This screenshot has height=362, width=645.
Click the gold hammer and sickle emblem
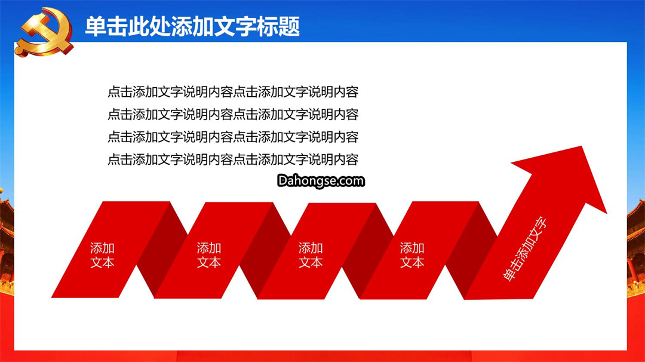(44, 32)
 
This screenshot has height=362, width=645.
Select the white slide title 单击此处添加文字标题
(192, 27)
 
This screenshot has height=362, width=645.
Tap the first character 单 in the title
(96, 27)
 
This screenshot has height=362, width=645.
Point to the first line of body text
(233, 92)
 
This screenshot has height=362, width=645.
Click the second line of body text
(233, 114)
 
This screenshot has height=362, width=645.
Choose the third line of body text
(233, 137)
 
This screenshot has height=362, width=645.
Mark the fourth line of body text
(233, 159)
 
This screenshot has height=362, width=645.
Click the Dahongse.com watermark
(321, 181)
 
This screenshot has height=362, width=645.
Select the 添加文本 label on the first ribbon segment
(103, 255)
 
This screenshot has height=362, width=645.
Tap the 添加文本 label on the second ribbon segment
(209, 255)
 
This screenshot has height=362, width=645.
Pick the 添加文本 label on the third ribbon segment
(311, 255)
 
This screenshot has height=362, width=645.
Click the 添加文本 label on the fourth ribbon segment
(412, 255)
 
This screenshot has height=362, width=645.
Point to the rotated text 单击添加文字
(526, 249)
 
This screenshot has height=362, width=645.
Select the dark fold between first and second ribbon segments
(162, 250)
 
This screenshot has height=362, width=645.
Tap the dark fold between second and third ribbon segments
(265, 250)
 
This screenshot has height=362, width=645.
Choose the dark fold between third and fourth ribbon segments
(368, 250)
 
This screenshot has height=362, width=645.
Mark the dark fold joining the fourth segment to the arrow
(471, 250)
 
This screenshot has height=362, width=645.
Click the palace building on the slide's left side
(7, 243)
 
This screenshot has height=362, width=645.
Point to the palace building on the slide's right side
(636, 247)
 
